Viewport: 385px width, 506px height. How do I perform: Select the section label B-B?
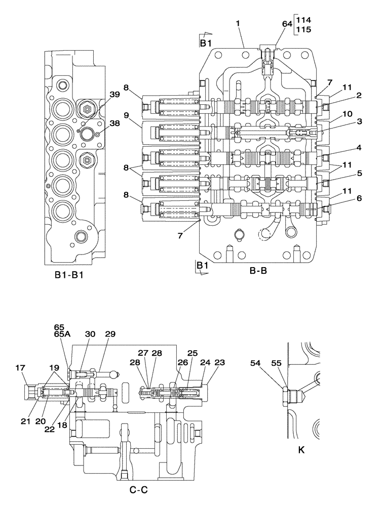258,271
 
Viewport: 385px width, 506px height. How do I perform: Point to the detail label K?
302,449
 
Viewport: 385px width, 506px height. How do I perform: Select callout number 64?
287,24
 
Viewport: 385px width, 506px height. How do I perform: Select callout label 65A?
60,334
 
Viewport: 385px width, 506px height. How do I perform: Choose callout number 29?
110,334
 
